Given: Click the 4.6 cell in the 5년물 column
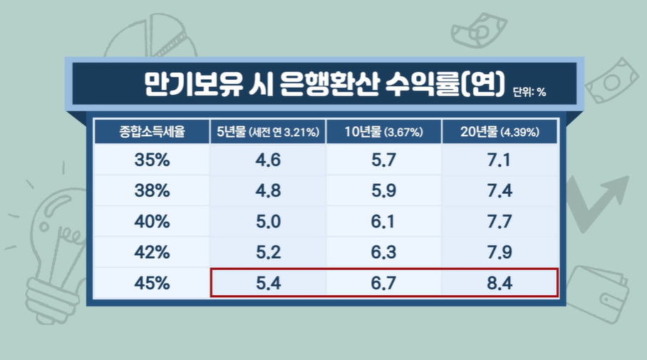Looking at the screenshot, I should tap(268, 160).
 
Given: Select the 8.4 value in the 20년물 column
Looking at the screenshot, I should tap(499, 283).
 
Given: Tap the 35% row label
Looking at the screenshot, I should tap(152, 160).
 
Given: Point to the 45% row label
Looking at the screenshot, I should tap(152, 283).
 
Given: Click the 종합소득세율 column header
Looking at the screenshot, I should tap(152, 132).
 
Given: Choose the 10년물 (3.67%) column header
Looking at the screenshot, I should tap(383, 132).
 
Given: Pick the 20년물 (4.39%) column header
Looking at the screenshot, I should tap(499, 132).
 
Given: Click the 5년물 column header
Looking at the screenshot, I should tap(268, 132).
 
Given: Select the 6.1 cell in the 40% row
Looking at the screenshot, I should tap(383, 222).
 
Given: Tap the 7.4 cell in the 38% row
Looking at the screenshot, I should tap(499, 191).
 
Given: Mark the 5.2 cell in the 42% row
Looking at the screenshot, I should tap(268, 252).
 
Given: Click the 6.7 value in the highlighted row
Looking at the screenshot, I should tap(383, 283).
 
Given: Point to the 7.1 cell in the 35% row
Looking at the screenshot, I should tap(499, 160).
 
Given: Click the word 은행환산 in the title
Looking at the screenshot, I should tap(318, 83).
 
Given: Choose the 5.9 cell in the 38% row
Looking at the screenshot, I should tap(383, 191).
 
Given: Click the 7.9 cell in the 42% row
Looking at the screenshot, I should tap(499, 252).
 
